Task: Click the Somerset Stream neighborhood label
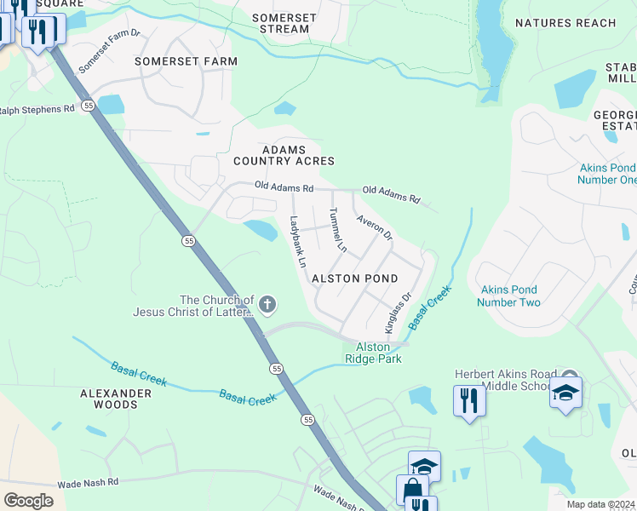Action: [284, 23]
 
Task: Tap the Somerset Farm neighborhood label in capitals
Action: [186, 61]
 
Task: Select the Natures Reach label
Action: [565, 23]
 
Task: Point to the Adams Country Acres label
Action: [284, 154]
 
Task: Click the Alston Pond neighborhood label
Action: [354, 278]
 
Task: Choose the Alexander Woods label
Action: [116, 399]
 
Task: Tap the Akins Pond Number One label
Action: [607, 174]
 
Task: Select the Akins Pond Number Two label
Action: [508, 296]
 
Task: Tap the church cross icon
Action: [267, 304]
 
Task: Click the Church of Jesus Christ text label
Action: [193, 306]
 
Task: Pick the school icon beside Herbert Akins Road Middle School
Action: [565, 393]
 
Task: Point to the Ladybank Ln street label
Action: [296, 242]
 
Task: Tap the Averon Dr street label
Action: [375, 227]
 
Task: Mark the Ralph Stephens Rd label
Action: [37, 110]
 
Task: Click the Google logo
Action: [28, 500]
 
